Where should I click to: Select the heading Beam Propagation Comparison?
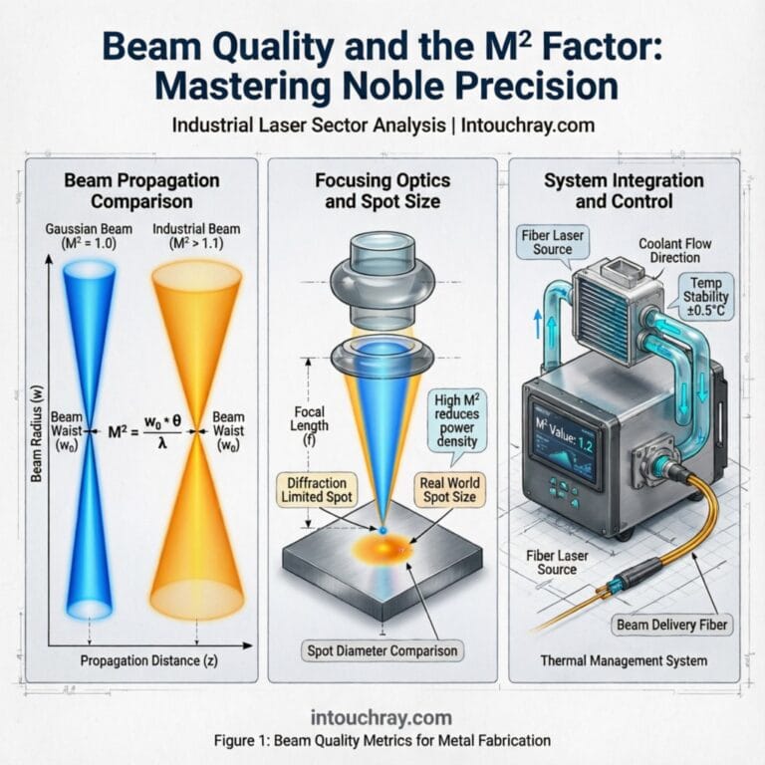(139, 190)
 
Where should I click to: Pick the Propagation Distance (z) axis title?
(148, 662)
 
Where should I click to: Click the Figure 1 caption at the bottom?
(382, 740)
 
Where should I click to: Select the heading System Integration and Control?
(624, 190)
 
